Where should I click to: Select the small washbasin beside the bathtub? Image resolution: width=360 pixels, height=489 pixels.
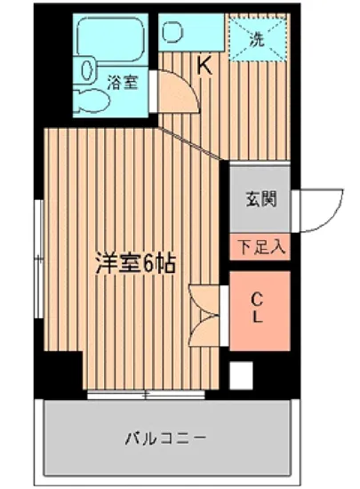(x=87, y=67)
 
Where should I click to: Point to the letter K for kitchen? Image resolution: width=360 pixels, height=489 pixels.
(x=204, y=65)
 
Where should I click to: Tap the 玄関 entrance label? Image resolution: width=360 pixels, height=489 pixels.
(x=260, y=197)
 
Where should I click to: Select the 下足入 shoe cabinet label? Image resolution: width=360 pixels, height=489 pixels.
(x=260, y=246)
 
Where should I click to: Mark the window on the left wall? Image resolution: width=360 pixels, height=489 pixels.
(x=38, y=258)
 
